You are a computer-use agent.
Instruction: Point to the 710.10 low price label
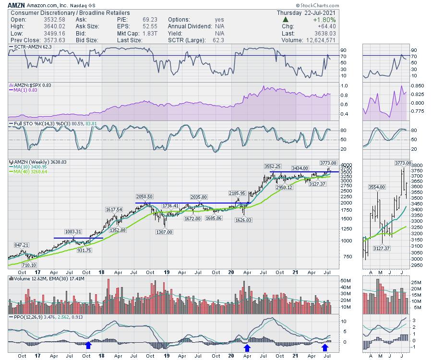pos(29,265)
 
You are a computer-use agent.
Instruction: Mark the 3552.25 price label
pos(272,166)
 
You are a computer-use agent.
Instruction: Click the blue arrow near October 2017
pos(88,345)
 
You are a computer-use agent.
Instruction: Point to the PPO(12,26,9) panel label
pos(28,317)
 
